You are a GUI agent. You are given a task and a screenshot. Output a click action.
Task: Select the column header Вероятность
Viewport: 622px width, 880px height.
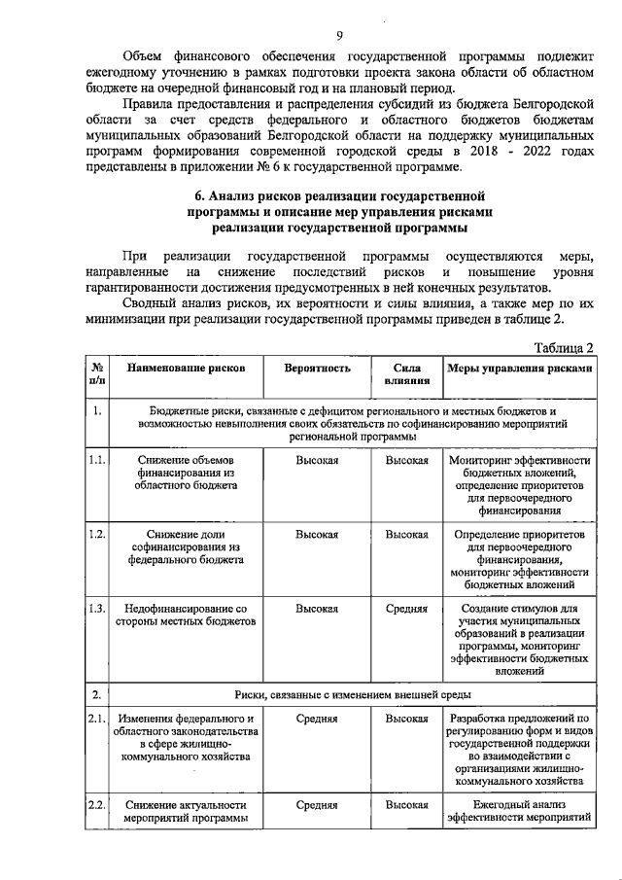tap(317, 370)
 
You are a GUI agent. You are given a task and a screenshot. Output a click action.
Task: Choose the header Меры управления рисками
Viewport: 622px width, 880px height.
tap(519, 370)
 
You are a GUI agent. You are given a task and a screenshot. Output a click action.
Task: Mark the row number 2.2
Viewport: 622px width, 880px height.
tap(96, 805)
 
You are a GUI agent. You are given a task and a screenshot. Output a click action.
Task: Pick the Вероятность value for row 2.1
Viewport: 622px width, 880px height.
tap(317, 719)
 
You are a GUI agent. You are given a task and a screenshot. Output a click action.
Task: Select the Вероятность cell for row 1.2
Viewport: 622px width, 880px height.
tap(317, 534)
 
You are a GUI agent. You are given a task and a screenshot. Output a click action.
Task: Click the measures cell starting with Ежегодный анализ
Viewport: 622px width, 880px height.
tap(519, 812)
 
